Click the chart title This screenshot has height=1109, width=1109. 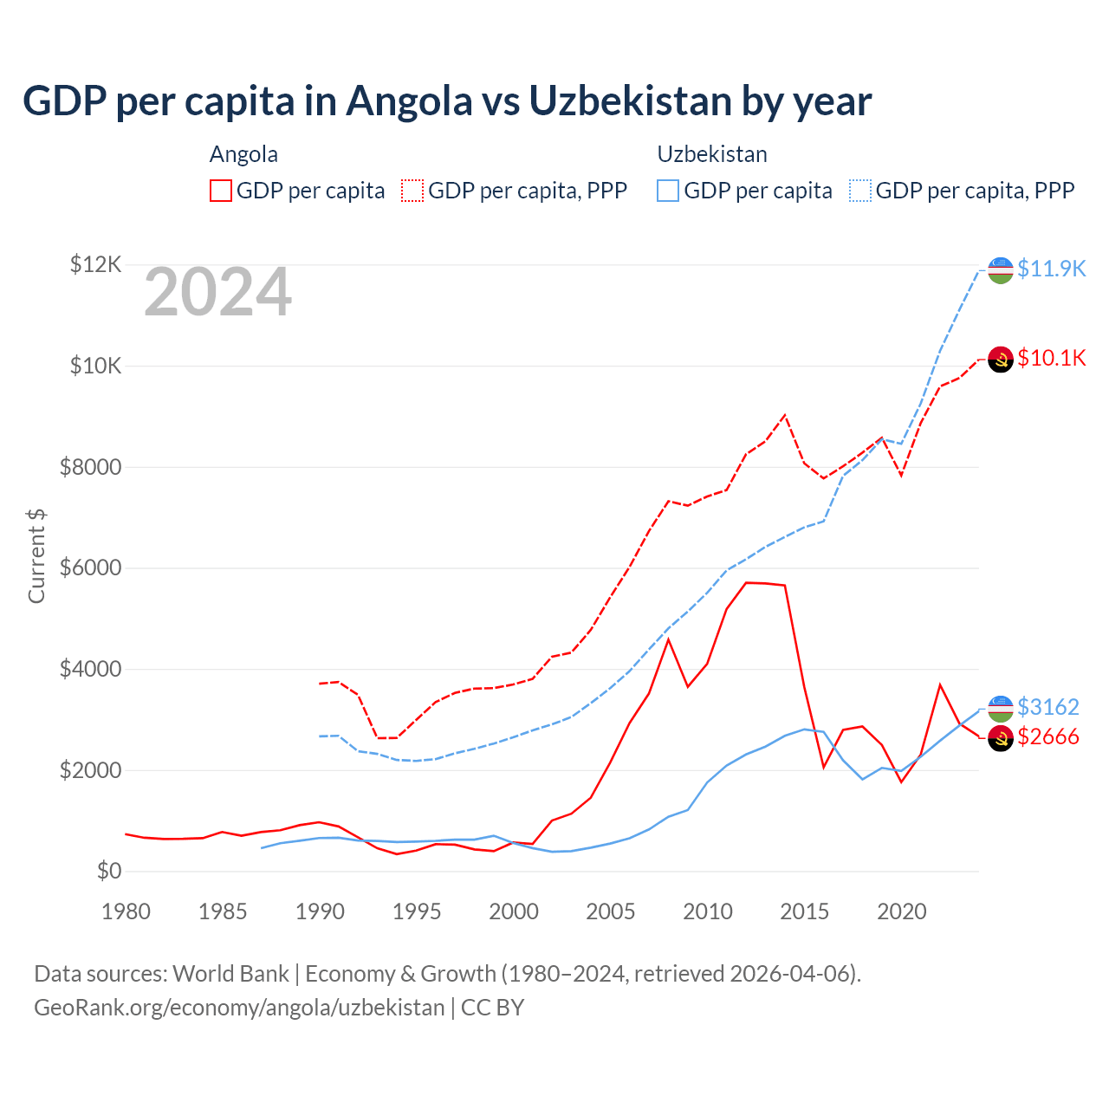pos(447,101)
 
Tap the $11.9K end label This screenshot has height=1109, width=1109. pos(1051,269)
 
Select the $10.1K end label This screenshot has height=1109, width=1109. pos(1051,358)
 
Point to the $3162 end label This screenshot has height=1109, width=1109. pos(1047,707)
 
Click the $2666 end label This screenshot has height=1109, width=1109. pos(1047,736)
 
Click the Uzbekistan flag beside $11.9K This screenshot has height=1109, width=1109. pos(1001,270)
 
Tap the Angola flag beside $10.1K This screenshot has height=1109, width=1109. pos(1001,359)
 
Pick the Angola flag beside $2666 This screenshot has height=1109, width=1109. pos(1001,738)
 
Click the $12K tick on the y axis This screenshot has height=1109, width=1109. pos(96,264)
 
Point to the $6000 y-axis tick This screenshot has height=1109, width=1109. pos(91,568)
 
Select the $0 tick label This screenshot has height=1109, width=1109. pos(109,871)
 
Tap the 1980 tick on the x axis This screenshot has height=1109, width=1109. pos(126,911)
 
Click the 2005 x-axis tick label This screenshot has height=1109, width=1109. pos(611,911)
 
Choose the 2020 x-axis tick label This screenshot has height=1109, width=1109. pos(902,911)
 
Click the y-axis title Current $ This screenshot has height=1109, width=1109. pos(36,556)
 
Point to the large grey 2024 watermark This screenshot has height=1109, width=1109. pos(217,293)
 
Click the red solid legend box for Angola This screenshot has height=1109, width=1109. pos(221,191)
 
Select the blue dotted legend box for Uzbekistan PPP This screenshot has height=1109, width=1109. pos(860,191)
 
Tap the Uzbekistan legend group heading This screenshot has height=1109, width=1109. pos(712,154)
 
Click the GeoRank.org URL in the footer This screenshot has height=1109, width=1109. pos(239,1008)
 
